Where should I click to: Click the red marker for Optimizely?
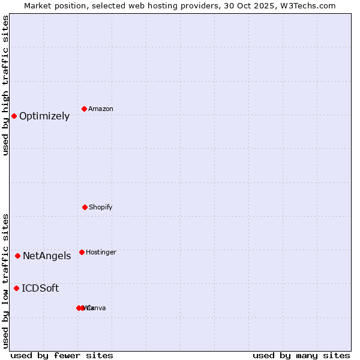click(14, 116)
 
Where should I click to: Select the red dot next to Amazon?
click(84, 109)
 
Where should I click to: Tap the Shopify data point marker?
click(85, 207)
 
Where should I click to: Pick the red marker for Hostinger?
click(82, 252)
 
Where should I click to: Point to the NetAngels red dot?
click(17, 256)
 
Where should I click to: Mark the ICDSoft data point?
click(16, 288)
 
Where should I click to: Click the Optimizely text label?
click(44, 116)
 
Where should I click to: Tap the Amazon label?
click(101, 109)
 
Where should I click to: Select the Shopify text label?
click(101, 208)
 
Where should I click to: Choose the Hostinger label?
click(101, 253)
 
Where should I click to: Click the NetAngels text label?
click(47, 256)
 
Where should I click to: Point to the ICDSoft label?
click(40, 289)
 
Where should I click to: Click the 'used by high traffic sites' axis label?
click(5, 85)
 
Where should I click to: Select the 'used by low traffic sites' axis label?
click(5, 281)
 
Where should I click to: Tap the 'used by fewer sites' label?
click(62, 356)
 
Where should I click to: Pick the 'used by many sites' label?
click(301, 356)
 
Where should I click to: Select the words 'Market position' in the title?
click(55, 5)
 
